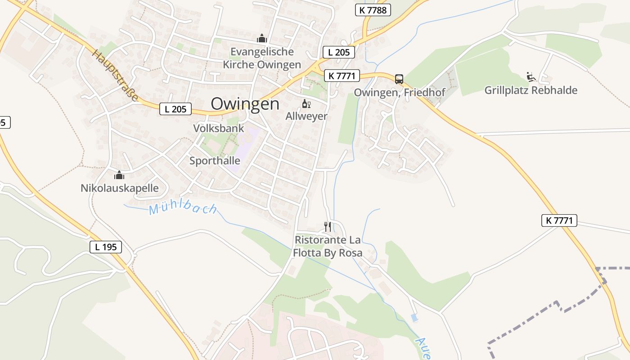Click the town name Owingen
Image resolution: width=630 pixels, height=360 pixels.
[x=245, y=104]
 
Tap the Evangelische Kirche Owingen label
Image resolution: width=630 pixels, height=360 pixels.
[x=262, y=58]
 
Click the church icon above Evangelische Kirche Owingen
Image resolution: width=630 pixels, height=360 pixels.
[x=262, y=39]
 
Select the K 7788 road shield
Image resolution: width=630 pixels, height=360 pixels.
[x=373, y=10]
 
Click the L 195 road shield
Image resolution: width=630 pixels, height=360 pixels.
[x=106, y=247]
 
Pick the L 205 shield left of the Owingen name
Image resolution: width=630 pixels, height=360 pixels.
[x=175, y=108]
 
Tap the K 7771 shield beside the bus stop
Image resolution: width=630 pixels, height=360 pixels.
[x=342, y=76]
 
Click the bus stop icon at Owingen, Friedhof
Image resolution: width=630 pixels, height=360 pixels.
[x=399, y=79]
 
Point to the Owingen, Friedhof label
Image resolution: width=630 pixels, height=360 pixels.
[x=400, y=92]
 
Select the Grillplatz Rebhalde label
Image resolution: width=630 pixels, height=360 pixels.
[x=531, y=90]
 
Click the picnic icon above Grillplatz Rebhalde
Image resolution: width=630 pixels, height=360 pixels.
[x=531, y=77]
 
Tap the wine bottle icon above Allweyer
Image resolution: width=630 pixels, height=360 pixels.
[x=306, y=104]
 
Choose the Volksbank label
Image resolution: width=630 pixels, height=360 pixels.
[x=219, y=128]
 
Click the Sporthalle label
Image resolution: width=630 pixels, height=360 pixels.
[x=215, y=161]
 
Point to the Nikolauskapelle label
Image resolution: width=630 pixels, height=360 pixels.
[x=120, y=188]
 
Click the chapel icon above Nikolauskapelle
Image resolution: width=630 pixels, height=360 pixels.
[x=119, y=175]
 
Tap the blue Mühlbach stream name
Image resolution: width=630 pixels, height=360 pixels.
[x=183, y=209]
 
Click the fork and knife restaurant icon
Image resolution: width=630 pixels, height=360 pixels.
[x=328, y=226]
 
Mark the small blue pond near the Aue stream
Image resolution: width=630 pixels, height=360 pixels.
[x=414, y=318]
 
